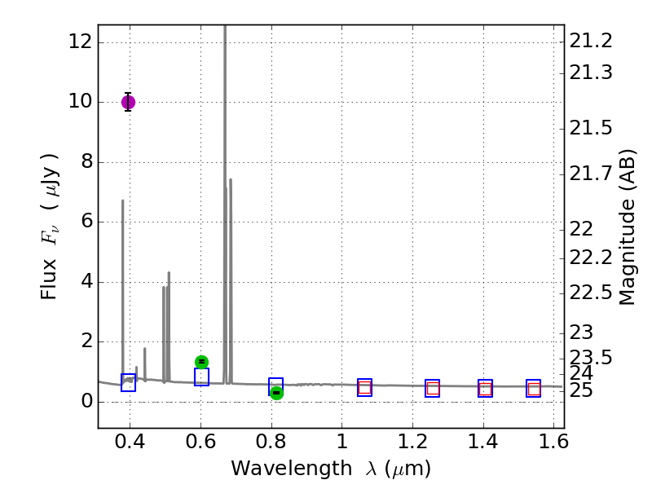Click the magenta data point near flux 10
pyautogui.click(x=128, y=102)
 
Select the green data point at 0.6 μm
pyautogui.click(x=201, y=362)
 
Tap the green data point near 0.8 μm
pyautogui.click(x=276, y=393)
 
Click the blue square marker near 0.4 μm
pyautogui.click(x=128, y=382)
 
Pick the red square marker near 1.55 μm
pyautogui.click(x=533, y=389)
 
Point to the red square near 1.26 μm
pyautogui.click(x=432, y=389)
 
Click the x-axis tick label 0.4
pyautogui.click(x=130, y=443)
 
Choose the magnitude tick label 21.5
pyautogui.click(x=591, y=128)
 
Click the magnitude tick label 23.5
pyautogui.click(x=591, y=357)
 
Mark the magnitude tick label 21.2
pyautogui.click(x=591, y=41)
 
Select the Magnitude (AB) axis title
pyautogui.click(x=627, y=227)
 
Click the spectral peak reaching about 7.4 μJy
pyautogui.click(x=231, y=181)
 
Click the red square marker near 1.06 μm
pyautogui.click(x=364, y=388)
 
